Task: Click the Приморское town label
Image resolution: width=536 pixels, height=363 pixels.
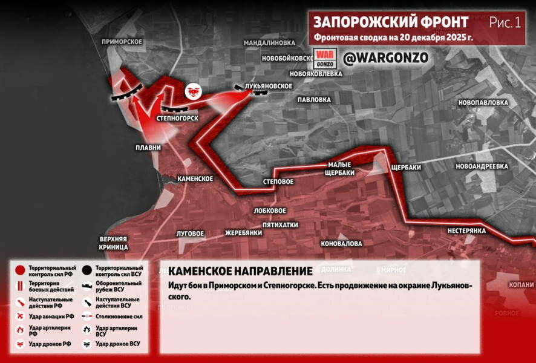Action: pos(122,41)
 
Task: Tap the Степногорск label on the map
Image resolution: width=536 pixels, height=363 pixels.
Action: pos(177,117)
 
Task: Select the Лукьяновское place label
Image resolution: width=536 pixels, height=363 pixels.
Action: pos(268,87)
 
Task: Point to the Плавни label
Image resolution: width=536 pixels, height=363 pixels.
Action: pos(148,147)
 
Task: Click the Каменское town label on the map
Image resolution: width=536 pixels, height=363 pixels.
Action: pos(195,178)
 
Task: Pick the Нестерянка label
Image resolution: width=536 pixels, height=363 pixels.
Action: pos(467,231)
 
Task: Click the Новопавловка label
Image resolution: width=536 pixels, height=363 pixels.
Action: pos(483,103)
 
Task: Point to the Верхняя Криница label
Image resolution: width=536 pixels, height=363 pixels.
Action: pos(114,243)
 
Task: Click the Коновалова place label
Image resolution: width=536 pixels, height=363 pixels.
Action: pos(341,243)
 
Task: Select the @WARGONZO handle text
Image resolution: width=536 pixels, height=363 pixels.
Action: pos(386,58)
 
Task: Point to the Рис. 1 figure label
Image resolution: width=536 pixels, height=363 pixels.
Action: pos(505,22)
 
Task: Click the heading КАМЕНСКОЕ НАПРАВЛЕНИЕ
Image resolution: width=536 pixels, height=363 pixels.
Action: pos(240,271)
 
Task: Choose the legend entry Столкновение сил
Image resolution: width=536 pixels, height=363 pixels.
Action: pos(117,316)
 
